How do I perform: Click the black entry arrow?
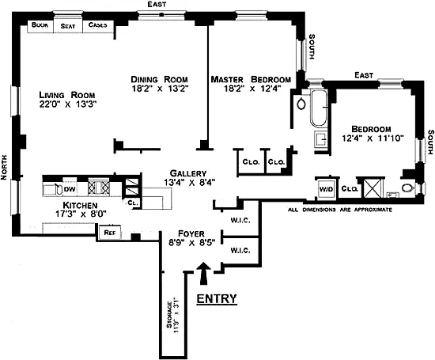click(204, 273)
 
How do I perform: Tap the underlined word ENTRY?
click(217, 298)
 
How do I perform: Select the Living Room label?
click(67, 95)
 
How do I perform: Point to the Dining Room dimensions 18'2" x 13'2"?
click(160, 89)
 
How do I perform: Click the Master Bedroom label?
click(251, 79)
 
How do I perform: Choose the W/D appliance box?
click(326, 190)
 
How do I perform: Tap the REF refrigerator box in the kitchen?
click(110, 233)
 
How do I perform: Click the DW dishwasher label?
click(70, 189)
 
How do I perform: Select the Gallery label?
click(188, 173)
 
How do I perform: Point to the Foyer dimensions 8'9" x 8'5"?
click(191, 243)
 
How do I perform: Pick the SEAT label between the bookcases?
click(68, 26)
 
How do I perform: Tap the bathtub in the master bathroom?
click(319, 108)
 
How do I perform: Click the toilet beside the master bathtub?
click(301, 104)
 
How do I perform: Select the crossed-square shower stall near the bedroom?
click(373, 188)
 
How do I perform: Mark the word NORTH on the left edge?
click(4, 167)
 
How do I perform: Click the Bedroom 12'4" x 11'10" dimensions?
click(373, 138)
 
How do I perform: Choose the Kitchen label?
click(80, 206)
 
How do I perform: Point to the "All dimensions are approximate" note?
click(340, 210)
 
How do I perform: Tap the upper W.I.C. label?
click(240, 221)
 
